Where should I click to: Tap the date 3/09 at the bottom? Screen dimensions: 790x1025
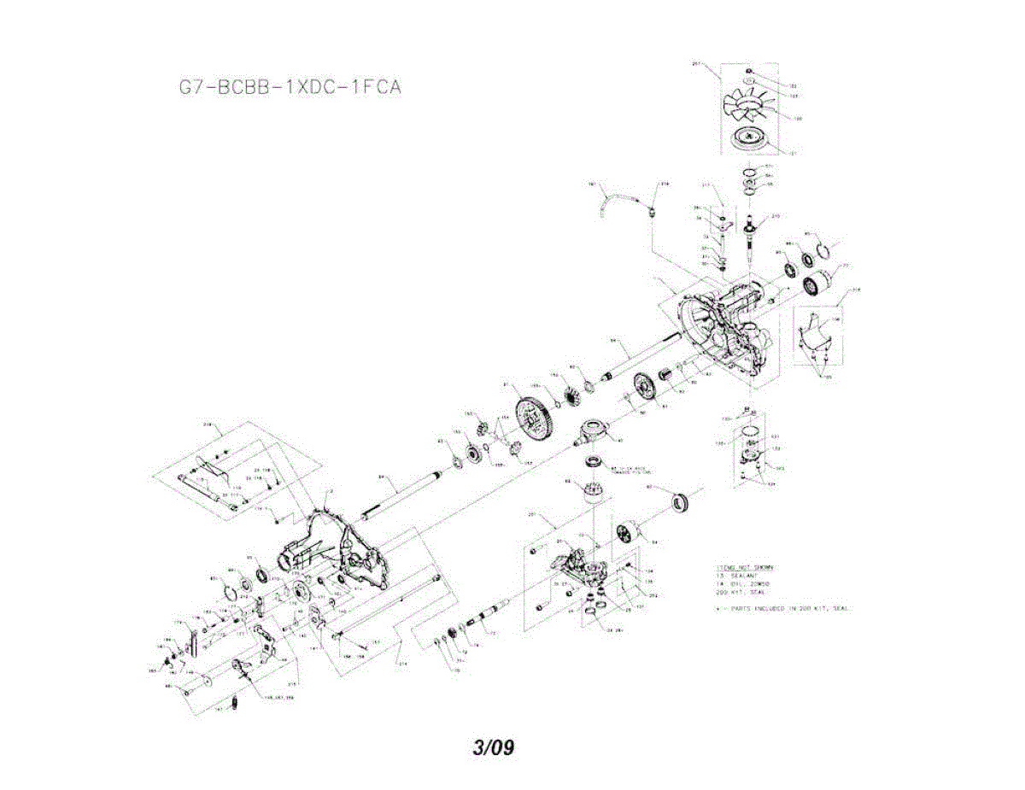494,748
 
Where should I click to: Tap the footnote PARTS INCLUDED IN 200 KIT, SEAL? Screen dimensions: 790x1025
786,609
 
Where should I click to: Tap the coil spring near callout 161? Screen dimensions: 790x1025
238,705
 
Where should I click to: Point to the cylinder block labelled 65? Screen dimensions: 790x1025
593,493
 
